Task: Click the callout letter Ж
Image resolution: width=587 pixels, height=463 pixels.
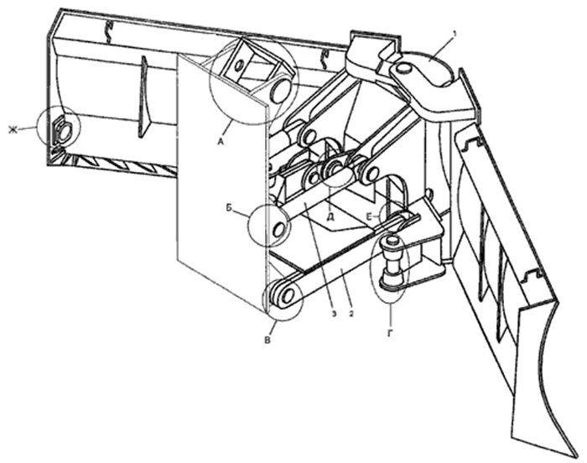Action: [13, 130]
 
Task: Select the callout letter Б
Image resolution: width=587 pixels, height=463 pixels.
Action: [229, 207]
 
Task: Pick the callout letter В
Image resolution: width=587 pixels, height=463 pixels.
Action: [268, 341]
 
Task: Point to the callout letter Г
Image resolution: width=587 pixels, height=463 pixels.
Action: [391, 333]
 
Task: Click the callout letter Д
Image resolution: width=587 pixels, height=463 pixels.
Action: [330, 216]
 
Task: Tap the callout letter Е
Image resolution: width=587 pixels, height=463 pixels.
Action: [370, 216]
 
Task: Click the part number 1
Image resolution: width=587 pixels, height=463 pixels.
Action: [455, 34]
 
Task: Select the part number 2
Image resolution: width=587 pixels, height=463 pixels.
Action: [351, 313]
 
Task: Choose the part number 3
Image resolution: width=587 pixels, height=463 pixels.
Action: [334, 313]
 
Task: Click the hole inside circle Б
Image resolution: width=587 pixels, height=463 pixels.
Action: [279, 229]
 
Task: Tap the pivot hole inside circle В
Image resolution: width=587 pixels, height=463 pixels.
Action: [288, 296]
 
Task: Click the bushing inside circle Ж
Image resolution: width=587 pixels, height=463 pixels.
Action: [62, 131]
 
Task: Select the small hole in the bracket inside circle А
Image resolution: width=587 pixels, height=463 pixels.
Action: [238, 66]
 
